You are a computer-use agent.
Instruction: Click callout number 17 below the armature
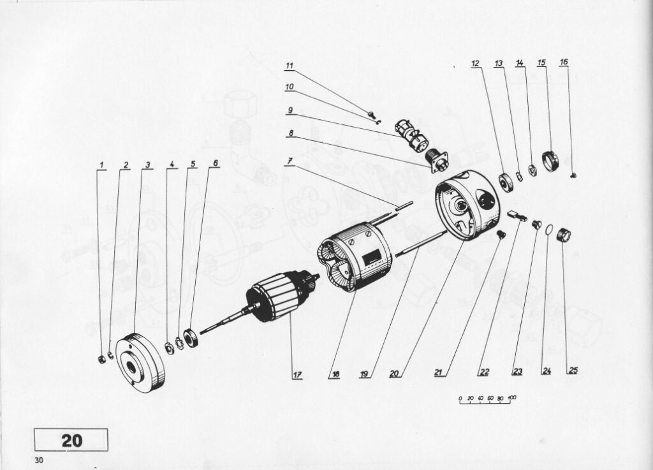tap(297, 375)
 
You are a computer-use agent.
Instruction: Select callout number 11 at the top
tap(290, 66)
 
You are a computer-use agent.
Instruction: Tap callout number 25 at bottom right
tap(573, 370)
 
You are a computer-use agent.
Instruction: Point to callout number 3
tap(147, 165)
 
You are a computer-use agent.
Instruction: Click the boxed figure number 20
tap(71, 441)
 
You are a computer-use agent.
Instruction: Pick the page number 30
tap(39, 460)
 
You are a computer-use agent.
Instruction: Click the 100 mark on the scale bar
tap(512, 397)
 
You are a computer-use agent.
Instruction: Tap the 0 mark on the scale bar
tap(460, 399)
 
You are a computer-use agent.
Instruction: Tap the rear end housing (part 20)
tap(466, 205)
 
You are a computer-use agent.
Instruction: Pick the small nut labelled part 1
tap(101, 359)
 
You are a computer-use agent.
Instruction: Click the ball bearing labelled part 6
tap(191, 337)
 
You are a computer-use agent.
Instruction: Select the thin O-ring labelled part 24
tap(549, 230)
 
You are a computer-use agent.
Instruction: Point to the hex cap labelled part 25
tap(566, 236)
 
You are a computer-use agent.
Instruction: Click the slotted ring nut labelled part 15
tap(550, 160)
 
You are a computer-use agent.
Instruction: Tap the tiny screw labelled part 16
tap(573, 175)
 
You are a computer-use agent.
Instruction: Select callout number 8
tap(290, 133)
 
